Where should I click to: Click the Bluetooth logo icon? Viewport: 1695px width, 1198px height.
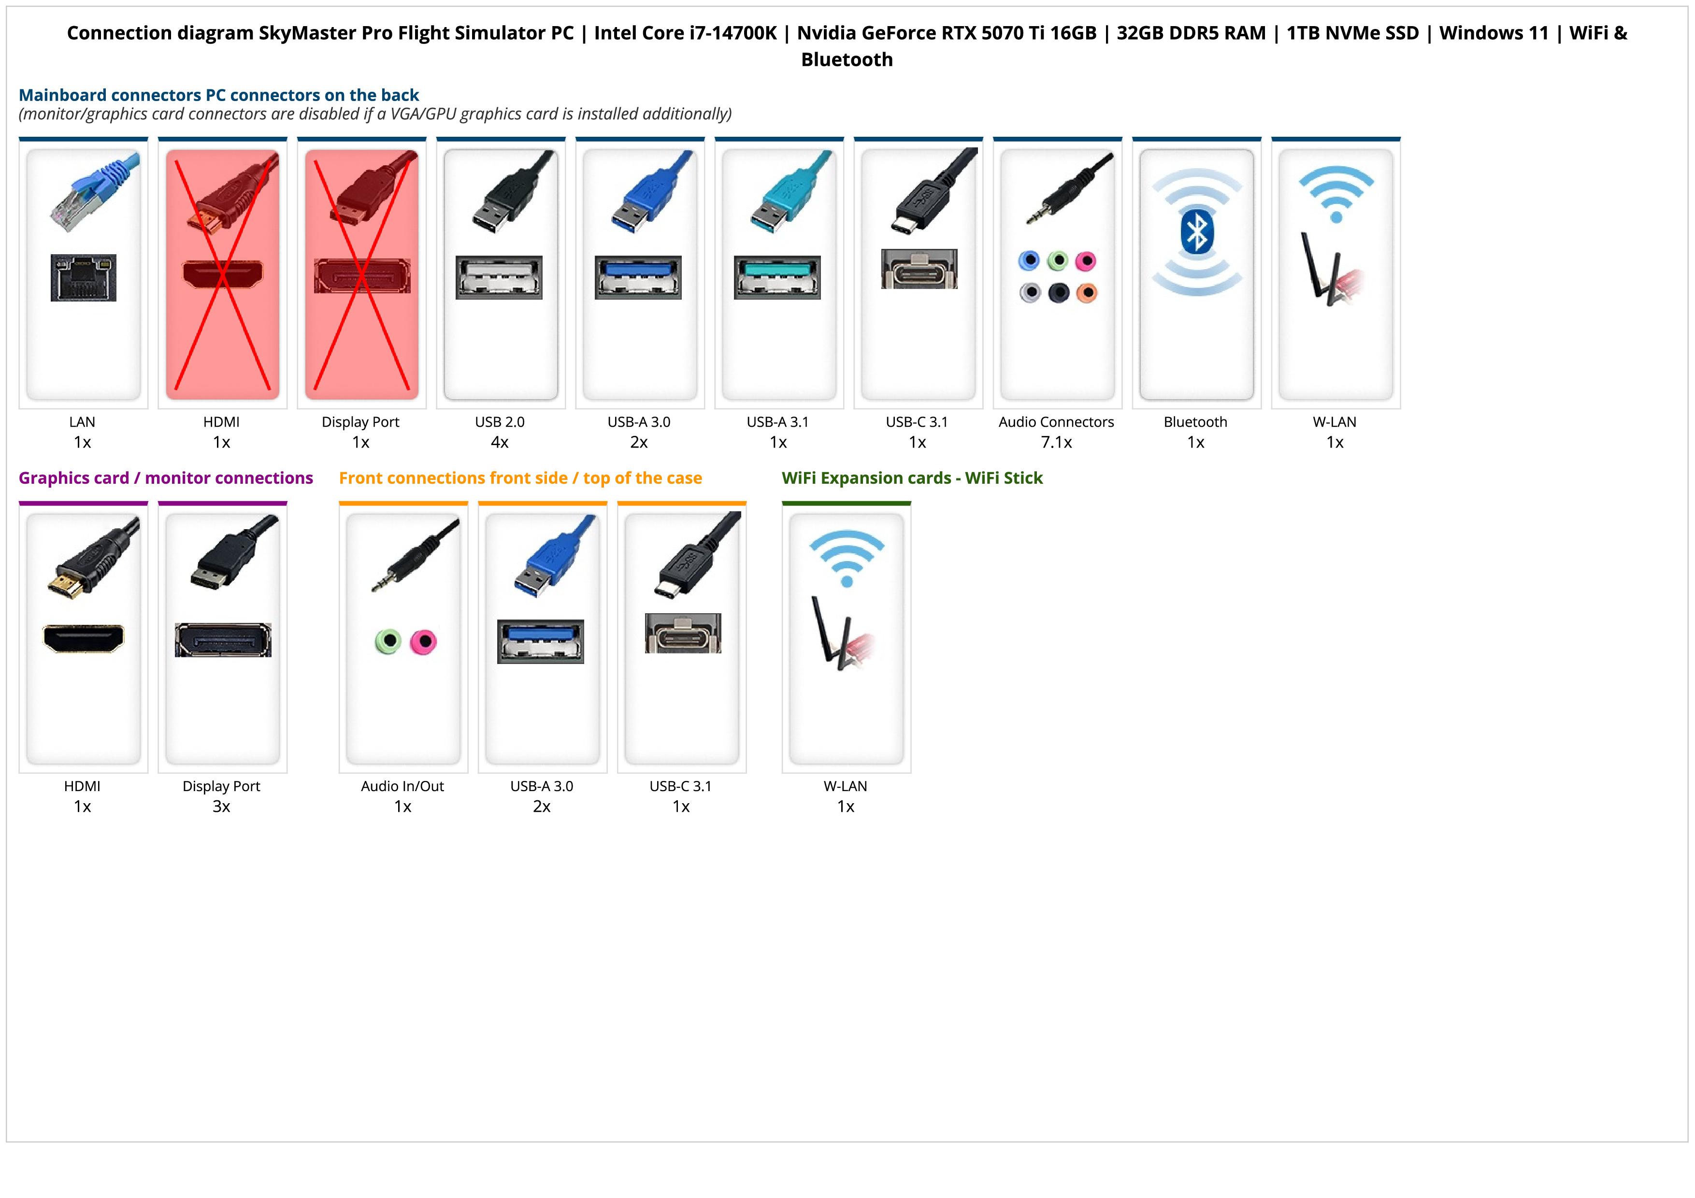point(1196,232)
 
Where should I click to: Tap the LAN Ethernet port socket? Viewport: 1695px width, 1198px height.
point(84,277)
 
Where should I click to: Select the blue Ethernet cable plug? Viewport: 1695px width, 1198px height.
point(96,190)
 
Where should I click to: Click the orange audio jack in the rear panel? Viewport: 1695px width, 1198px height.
point(1087,293)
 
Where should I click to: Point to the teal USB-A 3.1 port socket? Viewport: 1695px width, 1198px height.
point(776,277)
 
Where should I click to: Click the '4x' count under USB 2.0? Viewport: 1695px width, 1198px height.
point(500,442)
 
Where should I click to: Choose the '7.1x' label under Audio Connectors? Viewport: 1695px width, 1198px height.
point(1056,442)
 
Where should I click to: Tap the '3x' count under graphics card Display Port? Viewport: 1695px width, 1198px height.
point(221,806)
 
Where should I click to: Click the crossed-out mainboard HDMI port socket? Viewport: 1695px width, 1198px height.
point(222,274)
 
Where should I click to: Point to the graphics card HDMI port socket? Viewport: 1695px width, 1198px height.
point(84,638)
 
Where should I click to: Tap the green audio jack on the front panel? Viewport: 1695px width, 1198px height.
point(388,641)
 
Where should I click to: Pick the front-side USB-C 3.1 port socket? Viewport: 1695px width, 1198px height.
point(683,634)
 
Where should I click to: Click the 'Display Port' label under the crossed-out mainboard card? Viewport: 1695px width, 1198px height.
point(360,422)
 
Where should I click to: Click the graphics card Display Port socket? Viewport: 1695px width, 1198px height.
point(223,640)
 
